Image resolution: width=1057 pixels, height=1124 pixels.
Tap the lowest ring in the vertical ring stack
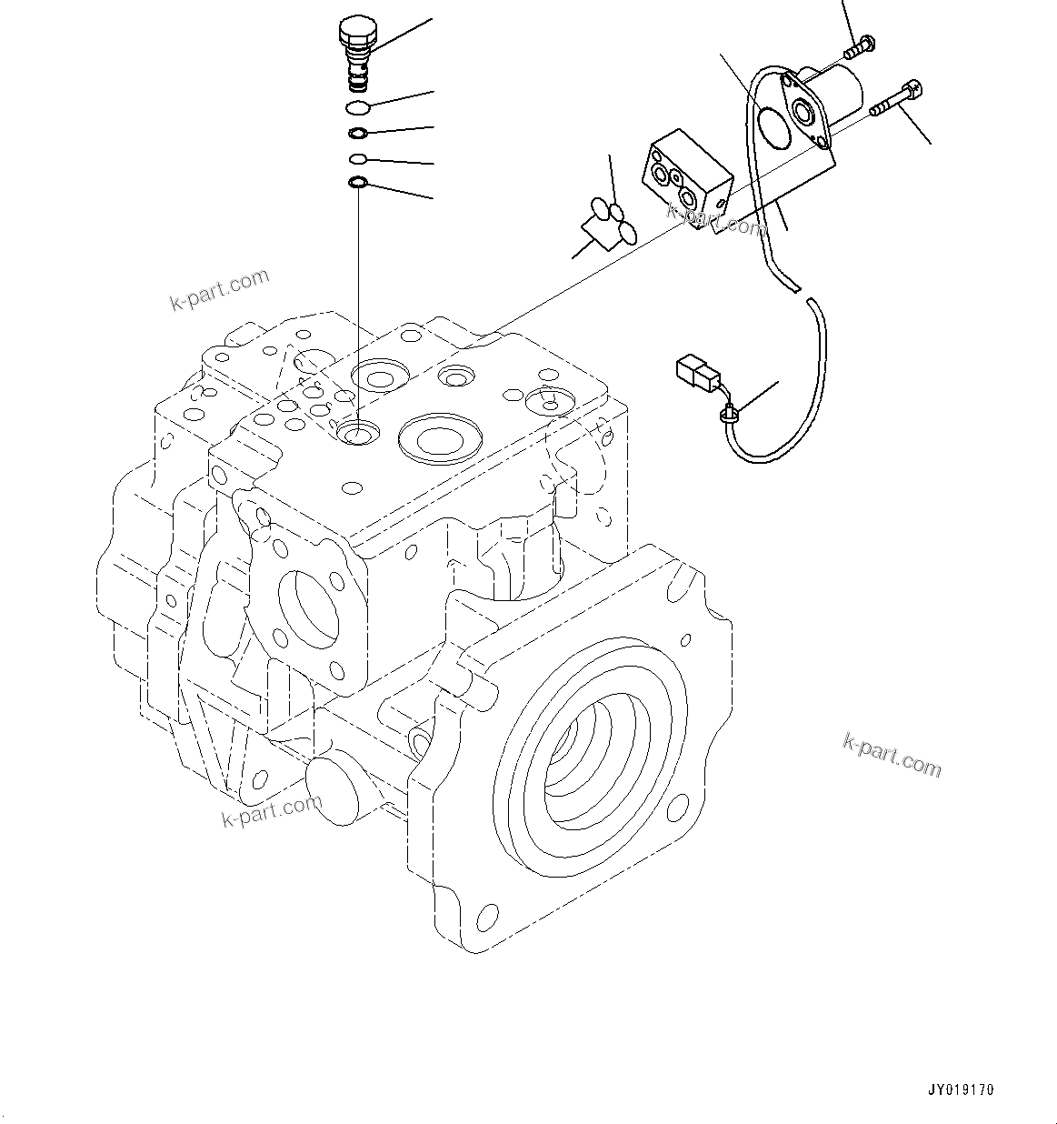358,186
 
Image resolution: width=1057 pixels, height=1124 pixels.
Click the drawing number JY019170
962,1089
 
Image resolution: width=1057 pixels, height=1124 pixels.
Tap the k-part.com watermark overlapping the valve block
717,218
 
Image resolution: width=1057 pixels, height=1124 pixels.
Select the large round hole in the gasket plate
775,128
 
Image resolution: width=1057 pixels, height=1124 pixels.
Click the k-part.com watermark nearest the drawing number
891,756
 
